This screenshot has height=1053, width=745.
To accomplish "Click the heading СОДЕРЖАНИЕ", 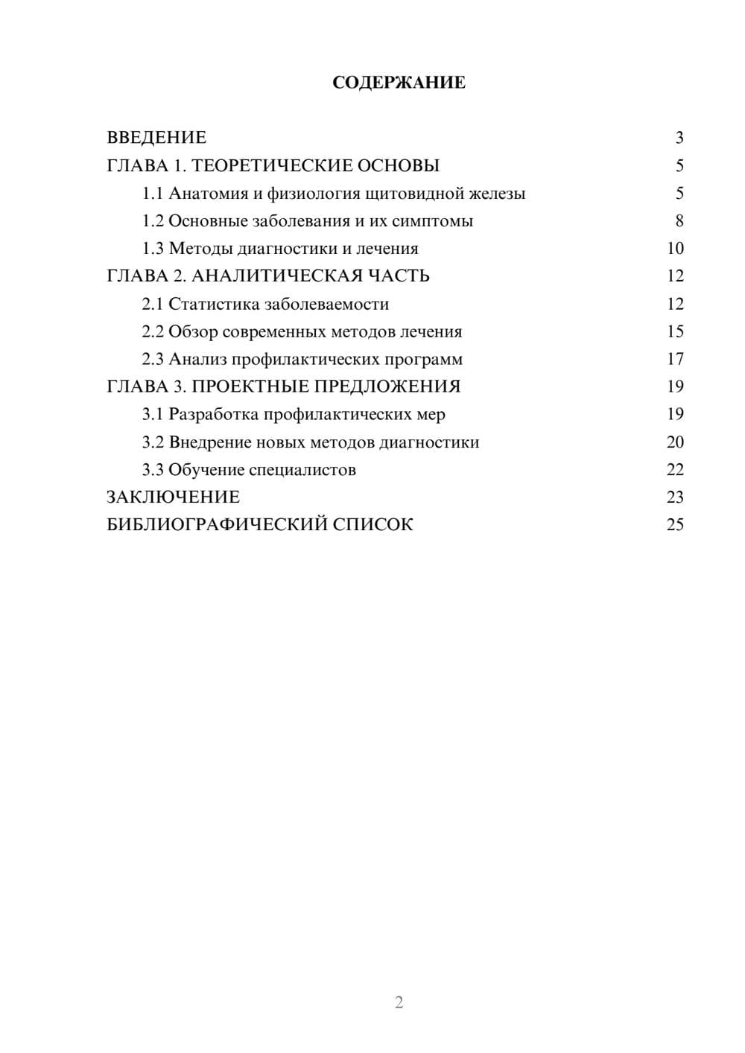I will point(399,83).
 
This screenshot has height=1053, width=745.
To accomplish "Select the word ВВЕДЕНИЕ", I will point(156,138).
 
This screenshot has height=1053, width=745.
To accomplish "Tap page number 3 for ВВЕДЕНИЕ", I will point(679,138).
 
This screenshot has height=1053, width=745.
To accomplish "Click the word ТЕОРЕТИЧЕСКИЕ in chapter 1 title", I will point(271,165).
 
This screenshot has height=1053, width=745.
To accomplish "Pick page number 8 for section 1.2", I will point(679,221).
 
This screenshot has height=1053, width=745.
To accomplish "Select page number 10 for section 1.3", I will point(675,249).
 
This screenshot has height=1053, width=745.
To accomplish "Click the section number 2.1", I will point(153,304).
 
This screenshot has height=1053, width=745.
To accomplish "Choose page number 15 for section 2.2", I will point(675,331).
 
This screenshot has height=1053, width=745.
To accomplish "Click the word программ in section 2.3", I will point(423,360).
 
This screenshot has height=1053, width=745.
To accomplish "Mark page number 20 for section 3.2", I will point(675,442).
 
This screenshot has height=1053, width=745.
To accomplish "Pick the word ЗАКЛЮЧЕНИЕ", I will point(173,497).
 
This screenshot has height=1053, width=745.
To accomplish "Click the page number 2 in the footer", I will point(399,1002).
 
